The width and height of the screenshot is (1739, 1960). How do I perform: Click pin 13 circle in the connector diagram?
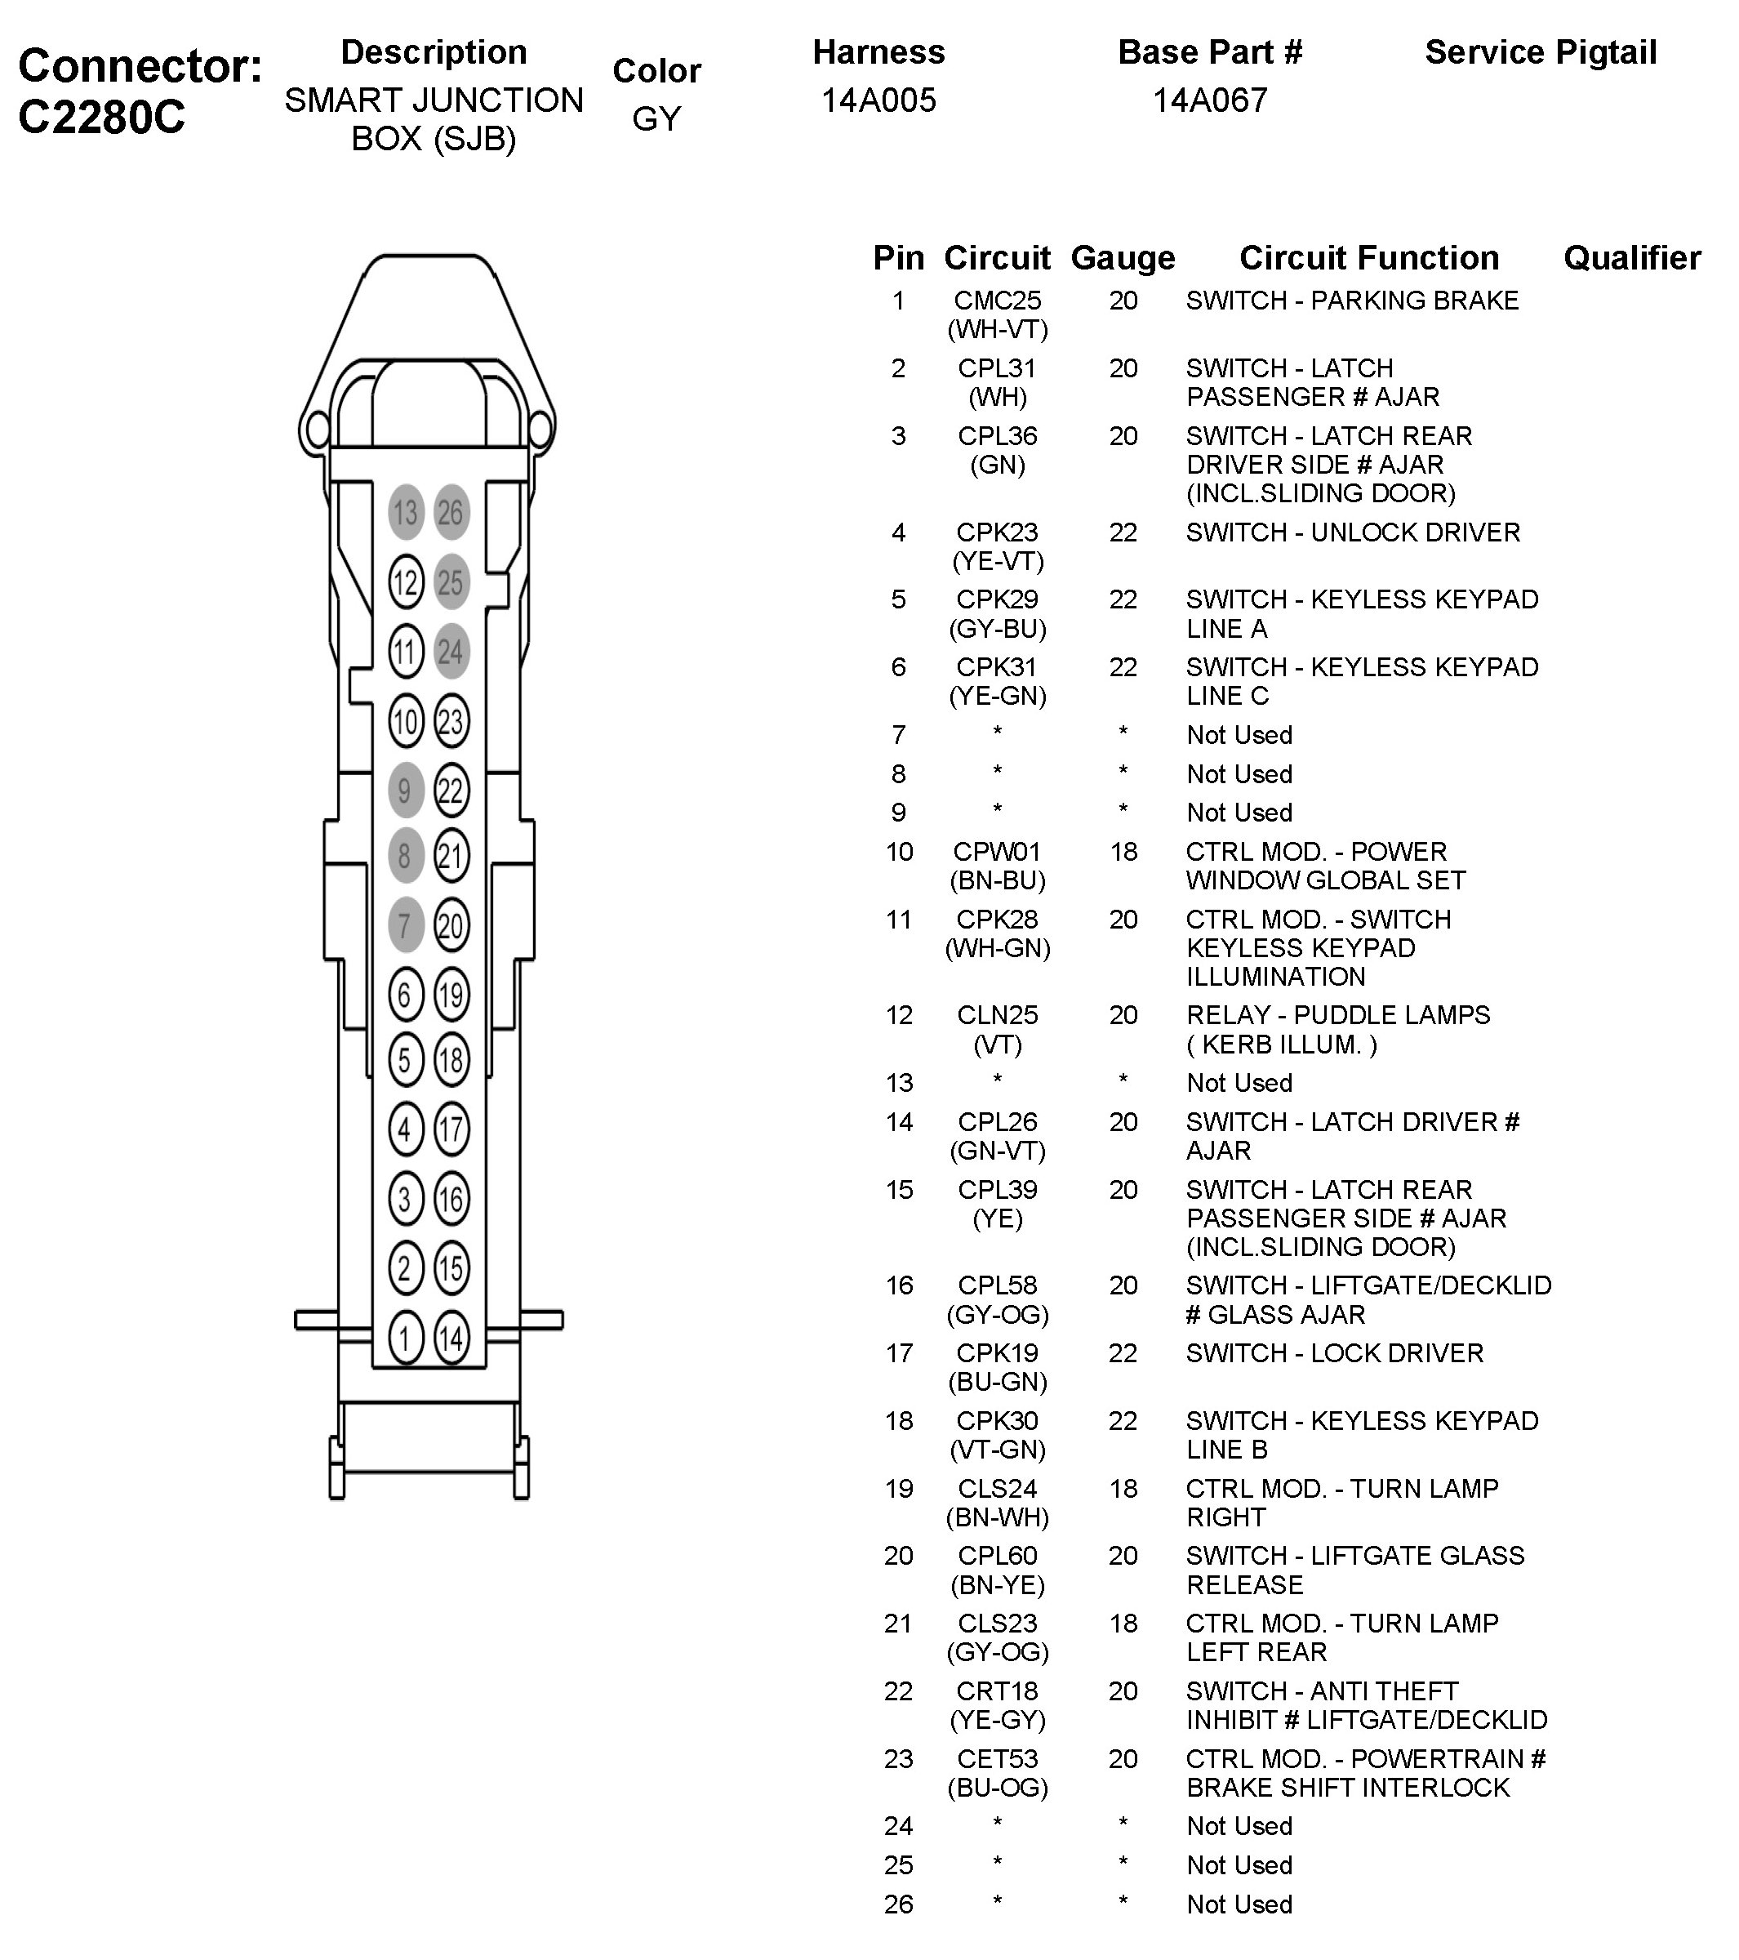(406, 512)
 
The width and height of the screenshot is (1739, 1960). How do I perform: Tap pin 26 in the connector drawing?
(451, 512)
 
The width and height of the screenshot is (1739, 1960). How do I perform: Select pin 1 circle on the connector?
(406, 1338)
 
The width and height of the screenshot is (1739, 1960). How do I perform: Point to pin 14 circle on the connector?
(451, 1338)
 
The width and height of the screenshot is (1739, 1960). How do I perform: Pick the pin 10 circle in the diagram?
(406, 721)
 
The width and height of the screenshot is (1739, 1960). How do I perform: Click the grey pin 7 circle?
(406, 925)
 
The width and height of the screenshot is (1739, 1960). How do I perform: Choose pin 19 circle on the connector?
(451, 995)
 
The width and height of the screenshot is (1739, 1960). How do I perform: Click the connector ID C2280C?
(101, 118)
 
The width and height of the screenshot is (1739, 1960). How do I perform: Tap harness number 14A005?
(878, 100)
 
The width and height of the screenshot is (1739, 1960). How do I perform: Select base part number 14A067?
(1210, 100)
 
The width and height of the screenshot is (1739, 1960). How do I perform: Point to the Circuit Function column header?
(1369, 258)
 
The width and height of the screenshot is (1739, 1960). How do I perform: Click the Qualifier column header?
(1631, 258)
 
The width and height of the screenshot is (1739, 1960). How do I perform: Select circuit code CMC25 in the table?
(997, 301)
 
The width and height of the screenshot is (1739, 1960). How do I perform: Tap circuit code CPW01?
(997, 852)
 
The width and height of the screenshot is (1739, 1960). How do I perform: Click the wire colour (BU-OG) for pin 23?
(997, 1788)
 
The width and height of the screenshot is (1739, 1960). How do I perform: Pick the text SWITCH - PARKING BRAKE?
(1352, 301)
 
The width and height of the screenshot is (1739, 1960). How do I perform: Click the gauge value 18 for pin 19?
(1123, 1488)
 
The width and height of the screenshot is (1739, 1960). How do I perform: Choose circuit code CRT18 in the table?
(997, 1690)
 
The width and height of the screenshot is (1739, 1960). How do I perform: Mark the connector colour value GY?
(656, 119)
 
